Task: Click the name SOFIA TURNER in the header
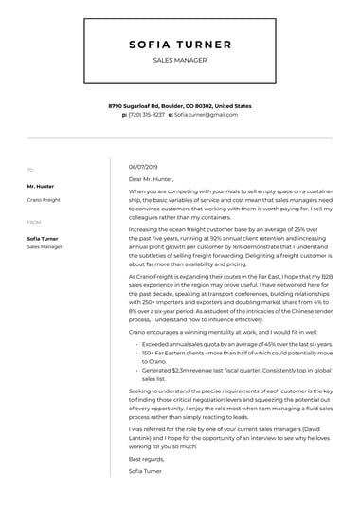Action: pos(179,44)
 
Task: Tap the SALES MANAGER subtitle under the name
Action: pos(179,60)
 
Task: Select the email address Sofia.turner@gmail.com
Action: pos(206,114)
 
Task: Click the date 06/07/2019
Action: pos(142,167)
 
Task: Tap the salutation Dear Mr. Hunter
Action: pos(152,178)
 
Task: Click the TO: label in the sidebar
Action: pos(30,170)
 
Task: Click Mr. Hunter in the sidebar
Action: pos(39,187)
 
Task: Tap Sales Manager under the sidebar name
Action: pos(45,246)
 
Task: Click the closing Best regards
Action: pos(146,458)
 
